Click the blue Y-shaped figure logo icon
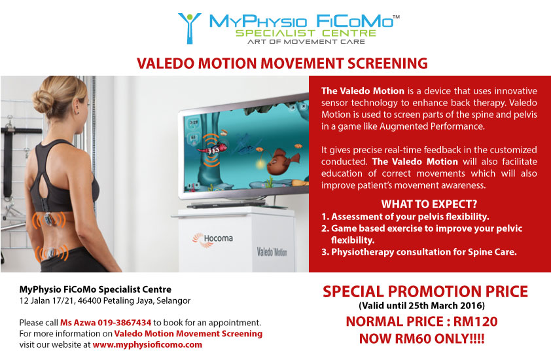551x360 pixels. pyautogui.click(x=189, y=28)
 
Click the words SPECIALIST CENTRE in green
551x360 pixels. pyautogui.click(x=306, y=33)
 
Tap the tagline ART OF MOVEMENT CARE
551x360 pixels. pyautogui.click(x=306, y=41)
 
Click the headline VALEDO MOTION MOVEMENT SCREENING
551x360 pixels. pyautogui.click(x=282, y=63)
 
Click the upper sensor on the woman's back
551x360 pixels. pyautogui.click(x=49, y=220)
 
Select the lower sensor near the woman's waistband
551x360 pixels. pyautogui.click(x=51, y=253)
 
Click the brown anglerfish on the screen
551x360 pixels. pyautogui.click(x=282, y=161)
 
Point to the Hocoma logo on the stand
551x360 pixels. pyautogui.click(x=213, y=240)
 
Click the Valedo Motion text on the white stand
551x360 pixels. pyautogui.click(x=272, y=252)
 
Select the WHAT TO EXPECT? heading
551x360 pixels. pyautogui.click(x=429, y=204)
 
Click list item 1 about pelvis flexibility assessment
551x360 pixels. pyautogui.click(x=405, y=217)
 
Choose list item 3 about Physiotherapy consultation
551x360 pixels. pyautogui.click(x=419, y=252)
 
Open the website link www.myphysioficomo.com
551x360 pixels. pyautogui.click(x=147, y=344)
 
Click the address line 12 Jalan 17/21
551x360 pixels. pyautogui.click(x=105, y=301)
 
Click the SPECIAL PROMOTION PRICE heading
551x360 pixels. pyautogui.click(x=425, y=292)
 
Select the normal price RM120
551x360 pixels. pyautogui.click(x=476, y=321)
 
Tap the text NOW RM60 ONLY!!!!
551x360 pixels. pyautogui.click(x=421, y=338)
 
